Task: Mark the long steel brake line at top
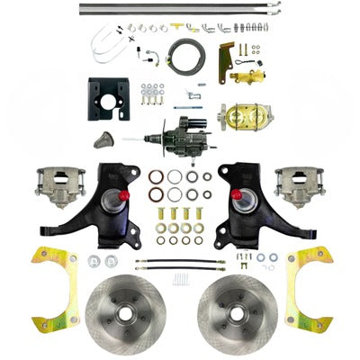click(x=180, y=10)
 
